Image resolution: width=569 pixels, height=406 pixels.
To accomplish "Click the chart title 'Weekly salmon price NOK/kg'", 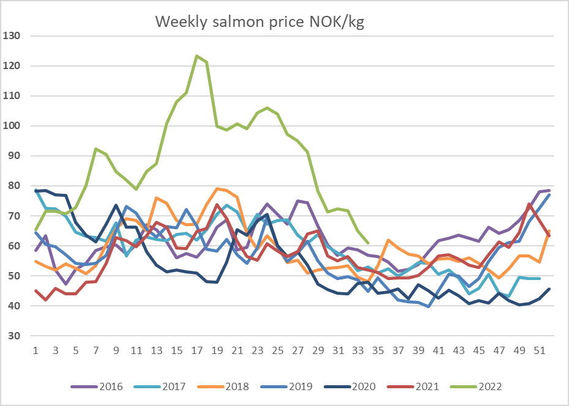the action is coord(260,22).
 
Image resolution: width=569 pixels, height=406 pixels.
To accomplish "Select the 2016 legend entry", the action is coord(97,386).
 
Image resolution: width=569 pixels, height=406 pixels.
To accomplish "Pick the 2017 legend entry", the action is coord(160,386).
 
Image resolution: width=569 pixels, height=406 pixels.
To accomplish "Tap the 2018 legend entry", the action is coord(223,386).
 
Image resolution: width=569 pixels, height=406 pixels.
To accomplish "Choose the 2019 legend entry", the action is coord(287,386).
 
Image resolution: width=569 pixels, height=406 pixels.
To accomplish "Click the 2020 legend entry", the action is coord(349,386).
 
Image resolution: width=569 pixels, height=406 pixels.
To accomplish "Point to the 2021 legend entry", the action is coord(413,386).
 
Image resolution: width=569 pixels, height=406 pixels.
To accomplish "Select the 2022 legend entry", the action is coord(476,386).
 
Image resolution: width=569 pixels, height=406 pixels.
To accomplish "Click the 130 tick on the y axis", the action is coord(11,35).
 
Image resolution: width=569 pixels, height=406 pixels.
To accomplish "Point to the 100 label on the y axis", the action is coord(11,126).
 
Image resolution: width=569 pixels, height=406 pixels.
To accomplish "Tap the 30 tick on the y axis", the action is coord(14,336).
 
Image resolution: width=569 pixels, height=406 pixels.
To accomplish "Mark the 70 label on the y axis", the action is coord(14,216).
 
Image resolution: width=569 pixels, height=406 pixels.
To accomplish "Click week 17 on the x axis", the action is coord(197,350).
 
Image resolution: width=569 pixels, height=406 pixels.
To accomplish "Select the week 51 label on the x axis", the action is coord(540,350).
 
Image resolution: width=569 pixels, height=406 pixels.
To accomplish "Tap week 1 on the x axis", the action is coord(35,350).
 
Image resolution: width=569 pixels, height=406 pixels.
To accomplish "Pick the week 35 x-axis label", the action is coord(379,350).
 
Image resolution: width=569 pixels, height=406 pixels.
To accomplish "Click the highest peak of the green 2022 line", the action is coord(196,56).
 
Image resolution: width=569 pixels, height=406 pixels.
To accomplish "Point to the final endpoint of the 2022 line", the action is coord(368,243).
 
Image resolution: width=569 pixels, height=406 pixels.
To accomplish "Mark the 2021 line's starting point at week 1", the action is coord(35,290).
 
